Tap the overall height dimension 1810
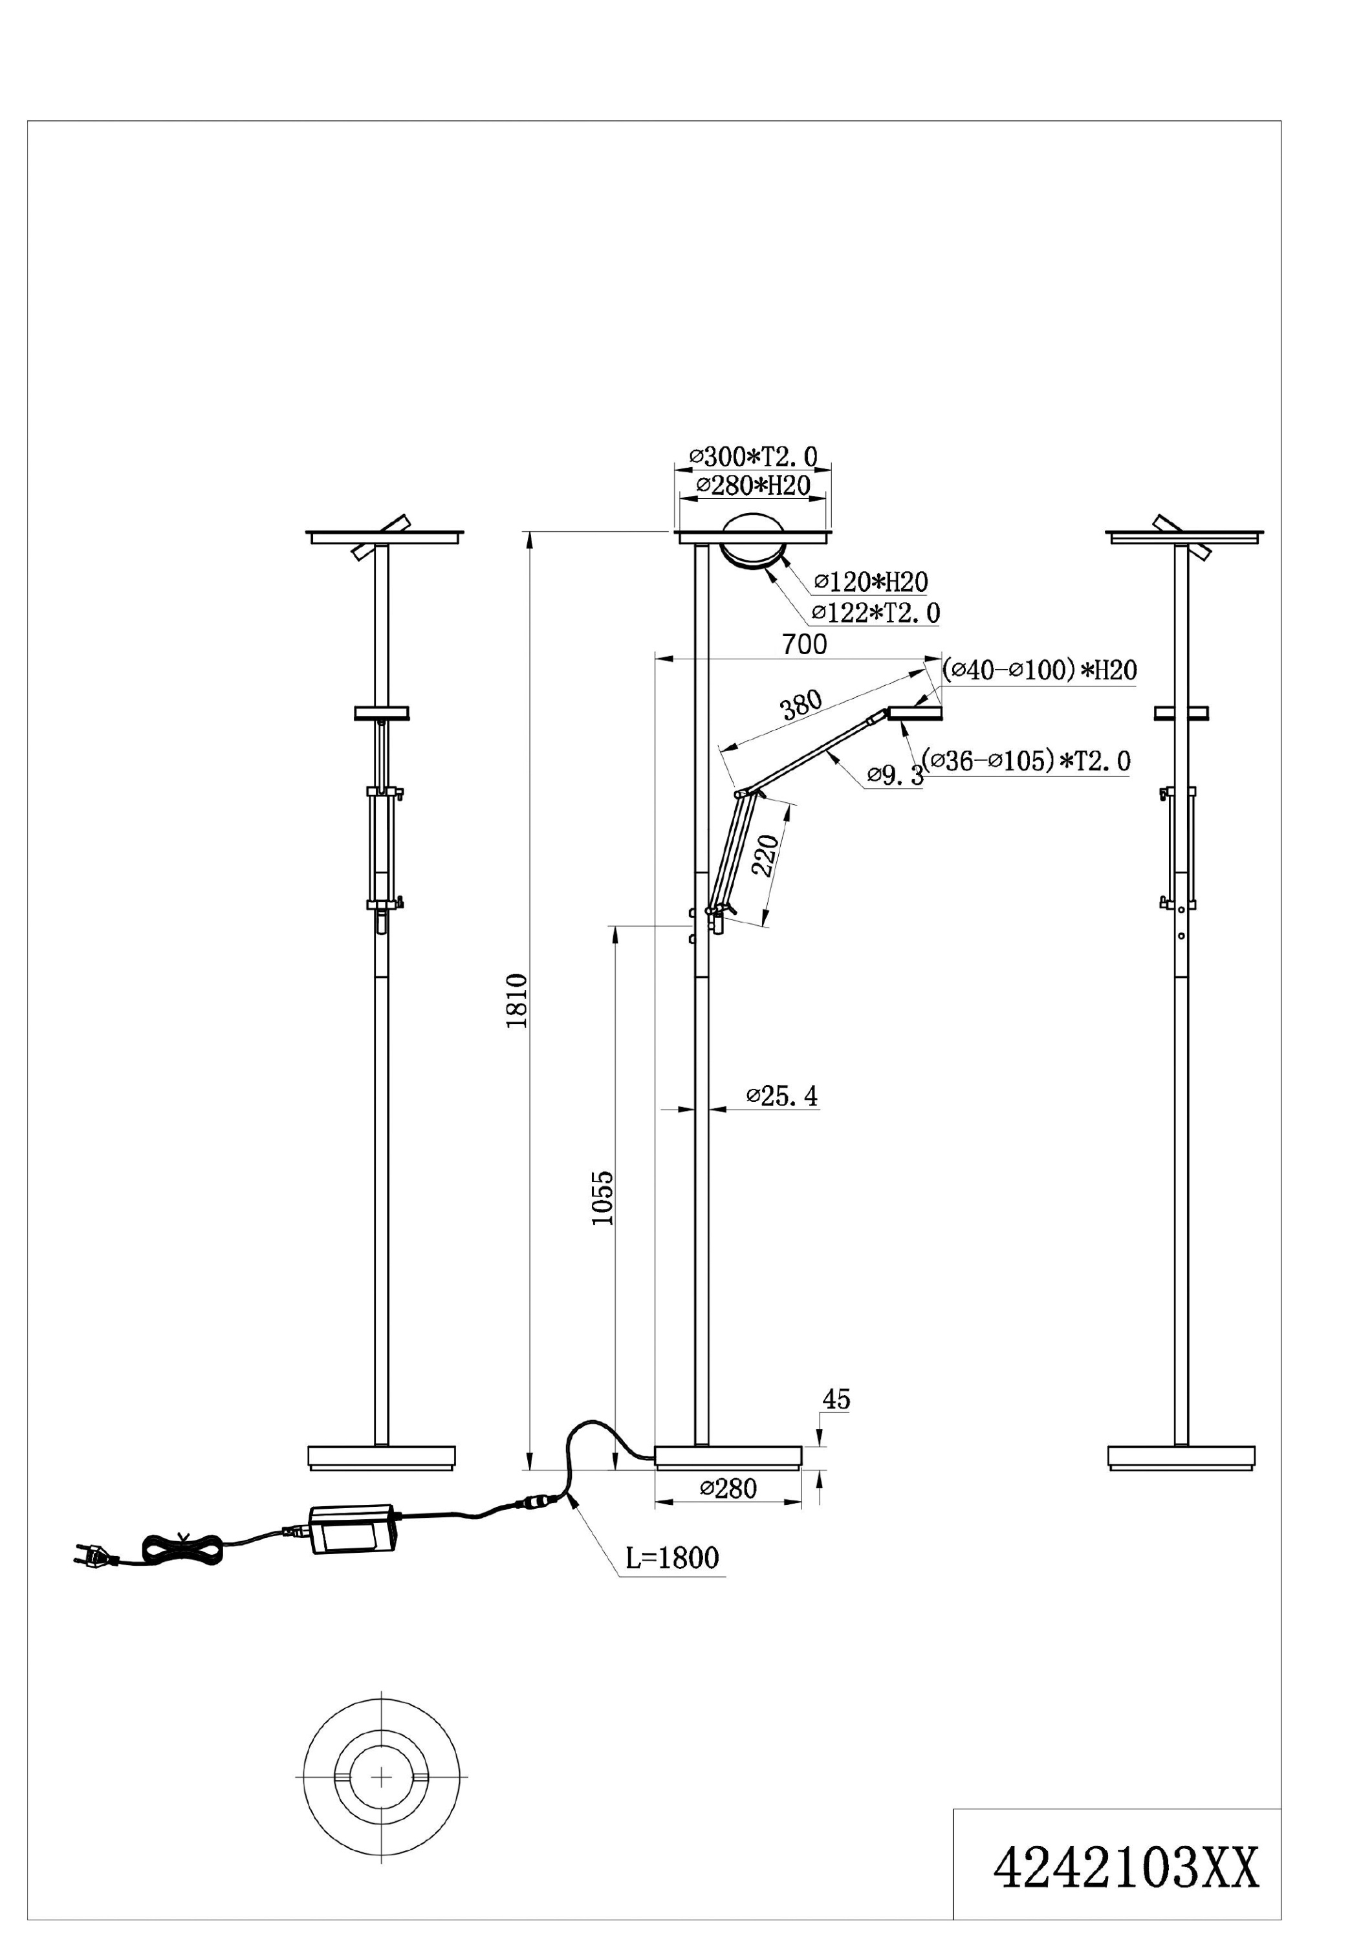516,1000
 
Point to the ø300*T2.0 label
753,457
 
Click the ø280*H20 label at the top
753,485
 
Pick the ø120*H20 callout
871,582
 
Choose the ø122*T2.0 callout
876,612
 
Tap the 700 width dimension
804,644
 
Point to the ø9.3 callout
895,775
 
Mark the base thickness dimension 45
835,1399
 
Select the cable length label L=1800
672,1557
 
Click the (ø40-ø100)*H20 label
1040,670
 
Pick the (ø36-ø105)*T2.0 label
1027,761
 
